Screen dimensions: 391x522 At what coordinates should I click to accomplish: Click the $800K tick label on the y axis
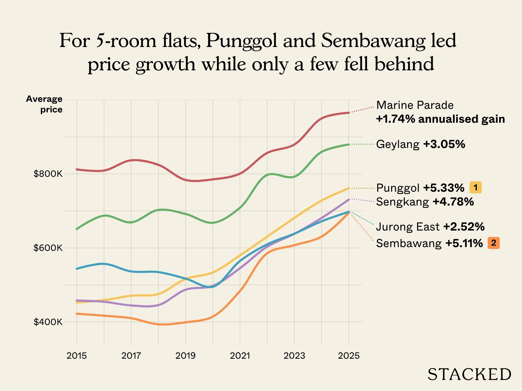pyautogui.click(x=48, y=174)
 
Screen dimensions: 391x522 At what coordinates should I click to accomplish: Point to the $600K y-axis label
pyautogui.click(x=48, y=248)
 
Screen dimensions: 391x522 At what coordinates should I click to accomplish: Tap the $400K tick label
pyautogui.click(x=48, y=322)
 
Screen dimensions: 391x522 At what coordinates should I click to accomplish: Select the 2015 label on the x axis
pyautogui.click(x=77, y=356)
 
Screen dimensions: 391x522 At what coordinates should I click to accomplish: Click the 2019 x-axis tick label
pyautogui.click(x=185, y=356)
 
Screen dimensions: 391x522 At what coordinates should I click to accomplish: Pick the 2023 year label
pyautogui.click(x=294, y=356)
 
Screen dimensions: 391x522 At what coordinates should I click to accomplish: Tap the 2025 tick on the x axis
pyautogui.click(x=349, y=356)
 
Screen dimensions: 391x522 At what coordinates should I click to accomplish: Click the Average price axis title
pyautogui.click(x=44, y=104)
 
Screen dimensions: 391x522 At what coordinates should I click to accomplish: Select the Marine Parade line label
pyautogui.click(x=415, y=105)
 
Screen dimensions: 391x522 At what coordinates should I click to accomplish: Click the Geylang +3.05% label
pyautogui.click(x=420, y=144)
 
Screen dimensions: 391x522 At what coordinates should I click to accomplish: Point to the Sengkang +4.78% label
pyautogui.click(x=425, y=202)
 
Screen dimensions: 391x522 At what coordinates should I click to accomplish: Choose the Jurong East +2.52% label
pyautogui.click(x=430, y=227)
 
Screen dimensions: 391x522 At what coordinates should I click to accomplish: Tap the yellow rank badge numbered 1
pyautogui.click(x=476, y=187)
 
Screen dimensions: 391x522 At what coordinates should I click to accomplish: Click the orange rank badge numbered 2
pyautogui.click(x=493, y=243)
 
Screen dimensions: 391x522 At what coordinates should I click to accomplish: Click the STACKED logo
pyautogui.click(x=469, y=374)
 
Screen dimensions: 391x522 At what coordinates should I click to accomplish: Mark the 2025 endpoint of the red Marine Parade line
pyautogui.click(x=349, y=112)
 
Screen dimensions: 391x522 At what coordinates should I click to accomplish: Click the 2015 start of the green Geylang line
pyautogui.click(x=77, y=229)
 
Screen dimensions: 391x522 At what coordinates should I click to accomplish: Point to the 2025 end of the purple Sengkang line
pyautogui.click(x=349, y=199)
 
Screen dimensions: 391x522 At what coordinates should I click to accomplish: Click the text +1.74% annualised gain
pyautogui.click(x=440, y=119)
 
